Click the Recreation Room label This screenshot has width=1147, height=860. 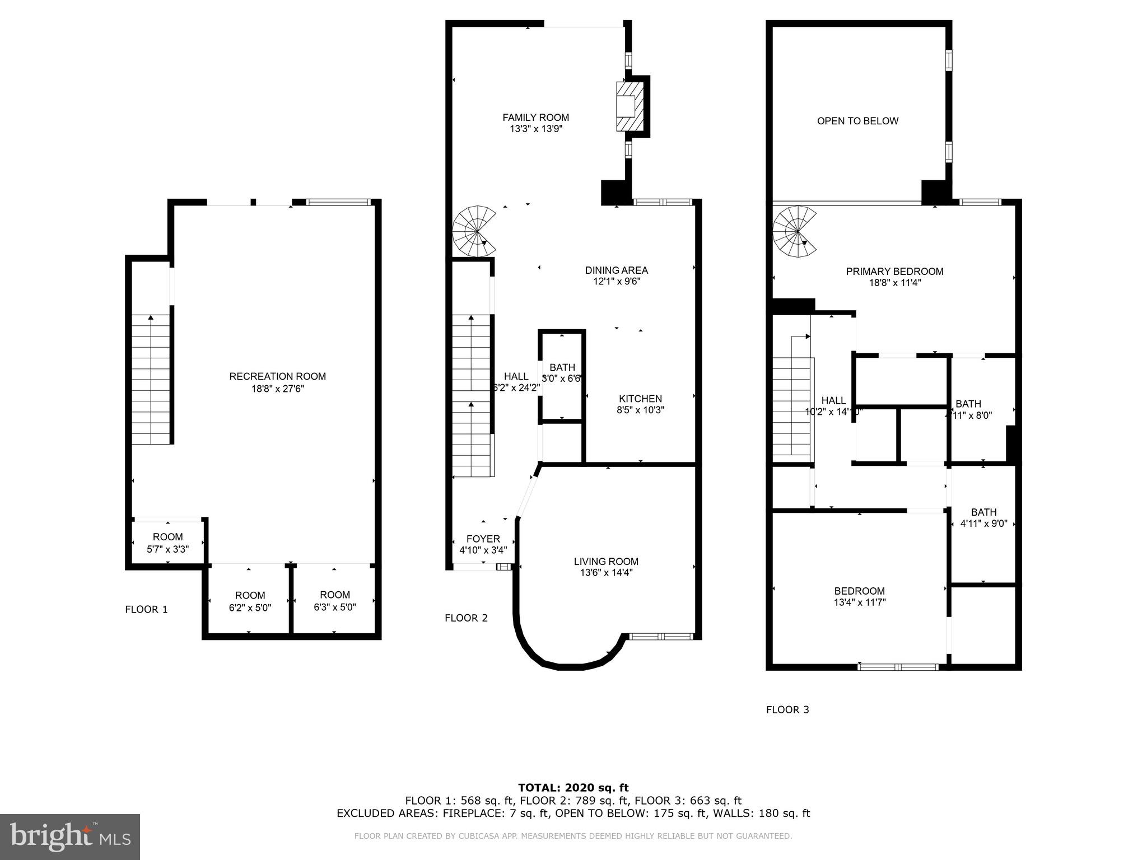coord(277,377)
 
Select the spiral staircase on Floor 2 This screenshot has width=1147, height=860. coord(474,231)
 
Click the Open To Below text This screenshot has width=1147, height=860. coord(857,121)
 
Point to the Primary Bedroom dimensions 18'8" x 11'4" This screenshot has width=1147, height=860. coord(894,283)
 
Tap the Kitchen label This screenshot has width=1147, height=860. coord(640,399)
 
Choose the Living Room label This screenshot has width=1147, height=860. coord(606,562)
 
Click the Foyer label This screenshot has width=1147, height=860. coord(483,539)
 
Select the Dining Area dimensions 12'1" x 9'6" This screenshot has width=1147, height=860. coord(617,282)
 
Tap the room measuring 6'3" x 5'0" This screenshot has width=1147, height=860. coord(335,601)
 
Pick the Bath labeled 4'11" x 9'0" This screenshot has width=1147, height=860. coord(983,518)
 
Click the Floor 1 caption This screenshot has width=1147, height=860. coord(146,610)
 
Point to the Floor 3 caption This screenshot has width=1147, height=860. coord(787,710)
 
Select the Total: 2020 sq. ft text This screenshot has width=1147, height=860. coord(573,788)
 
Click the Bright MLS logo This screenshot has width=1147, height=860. coord(70,836)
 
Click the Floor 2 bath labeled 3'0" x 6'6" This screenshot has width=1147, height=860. coord(562,373)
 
